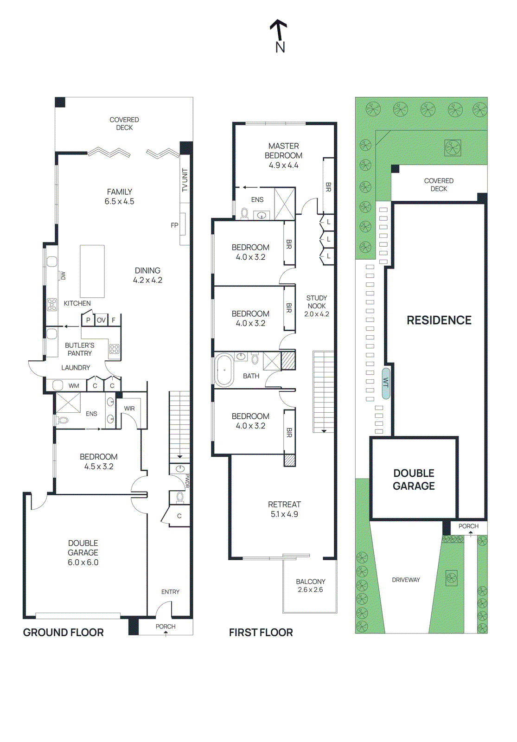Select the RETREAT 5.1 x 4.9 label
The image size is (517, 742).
284,509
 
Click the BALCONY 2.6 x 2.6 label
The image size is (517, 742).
310,585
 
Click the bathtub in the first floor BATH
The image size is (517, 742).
224,370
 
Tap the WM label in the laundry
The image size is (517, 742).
74,385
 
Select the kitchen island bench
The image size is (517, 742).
92,271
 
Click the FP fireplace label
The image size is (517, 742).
174,225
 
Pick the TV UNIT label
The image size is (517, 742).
185,180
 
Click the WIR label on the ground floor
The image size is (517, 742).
129,409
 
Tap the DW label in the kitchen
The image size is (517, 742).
64,276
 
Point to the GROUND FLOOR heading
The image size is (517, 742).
63,633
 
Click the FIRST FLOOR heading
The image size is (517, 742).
261,633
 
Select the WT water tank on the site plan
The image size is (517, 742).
386,383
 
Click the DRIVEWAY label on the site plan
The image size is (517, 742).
406,580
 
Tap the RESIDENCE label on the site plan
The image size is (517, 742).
439,320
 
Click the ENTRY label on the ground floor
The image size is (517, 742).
170,592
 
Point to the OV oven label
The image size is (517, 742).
101,320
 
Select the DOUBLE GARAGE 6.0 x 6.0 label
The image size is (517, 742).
83,552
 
